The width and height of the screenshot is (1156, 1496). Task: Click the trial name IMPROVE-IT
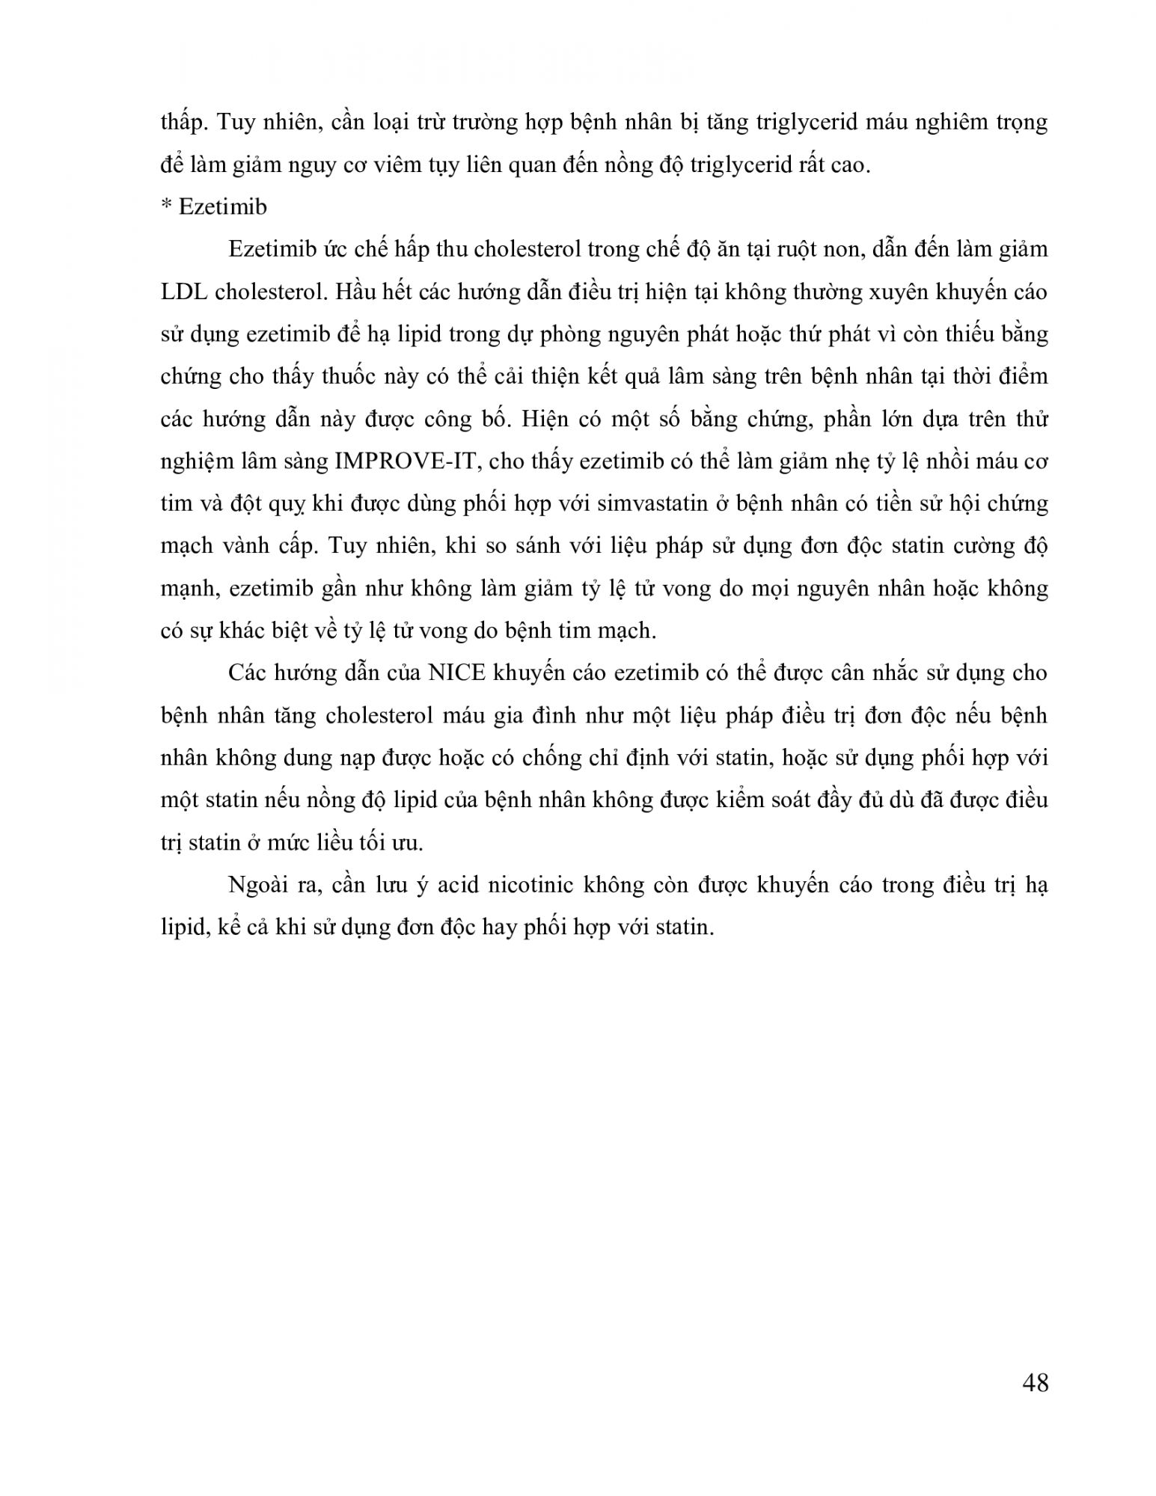click(x=410, y=462)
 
